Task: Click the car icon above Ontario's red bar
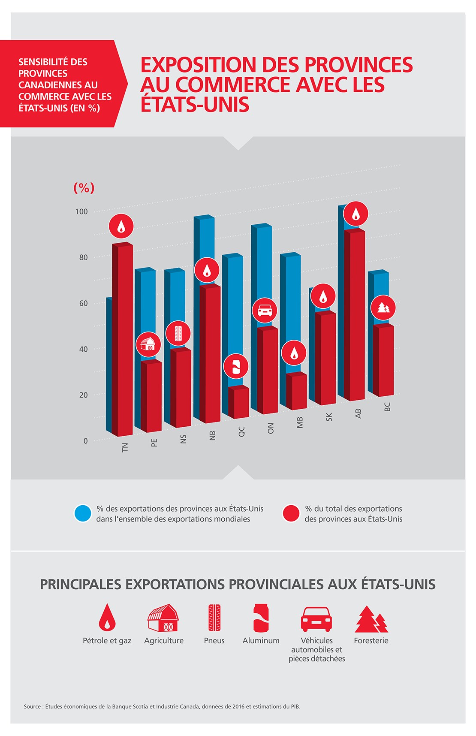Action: (265, 310)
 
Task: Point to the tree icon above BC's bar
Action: (383, 308)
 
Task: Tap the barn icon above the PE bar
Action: (148, 344)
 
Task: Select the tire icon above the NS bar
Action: (178, 333)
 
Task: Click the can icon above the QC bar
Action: (236, 366)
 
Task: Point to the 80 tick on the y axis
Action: (83, 257)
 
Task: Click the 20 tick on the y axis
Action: (83, 395)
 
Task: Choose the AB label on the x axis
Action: (359, 413)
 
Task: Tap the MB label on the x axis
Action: (300, 422)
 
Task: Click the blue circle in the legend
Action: (83, 513)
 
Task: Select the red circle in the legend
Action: (291, 513)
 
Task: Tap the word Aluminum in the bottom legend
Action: (261, 640)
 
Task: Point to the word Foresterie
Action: (371, 640)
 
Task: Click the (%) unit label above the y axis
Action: (84, 188)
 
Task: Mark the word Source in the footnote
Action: (33, 706)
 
